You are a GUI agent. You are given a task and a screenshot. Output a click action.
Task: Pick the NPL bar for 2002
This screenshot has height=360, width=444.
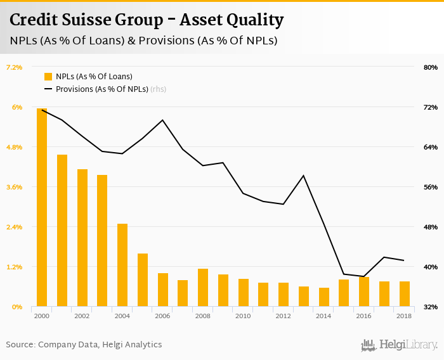point(82,238)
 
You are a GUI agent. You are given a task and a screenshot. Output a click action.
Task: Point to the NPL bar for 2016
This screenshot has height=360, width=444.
point(364,292)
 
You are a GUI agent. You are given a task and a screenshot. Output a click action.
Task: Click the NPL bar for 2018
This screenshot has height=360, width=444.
point(405,294)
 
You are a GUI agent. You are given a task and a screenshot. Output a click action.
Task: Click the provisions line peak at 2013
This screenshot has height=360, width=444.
point(304,176)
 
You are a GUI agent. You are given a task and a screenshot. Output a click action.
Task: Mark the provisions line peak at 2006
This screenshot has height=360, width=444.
point(163,120)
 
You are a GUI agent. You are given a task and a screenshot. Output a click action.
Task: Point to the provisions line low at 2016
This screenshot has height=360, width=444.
point(364,276)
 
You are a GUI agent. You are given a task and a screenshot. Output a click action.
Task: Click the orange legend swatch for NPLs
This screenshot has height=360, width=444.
point(48,76)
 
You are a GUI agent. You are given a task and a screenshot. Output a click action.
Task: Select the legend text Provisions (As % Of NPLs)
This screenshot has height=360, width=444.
point(101,89)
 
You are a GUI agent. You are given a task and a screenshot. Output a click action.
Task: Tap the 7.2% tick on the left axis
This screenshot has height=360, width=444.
point(15,67)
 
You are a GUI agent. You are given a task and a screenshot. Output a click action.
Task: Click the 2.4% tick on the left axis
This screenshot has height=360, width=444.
point(15,227)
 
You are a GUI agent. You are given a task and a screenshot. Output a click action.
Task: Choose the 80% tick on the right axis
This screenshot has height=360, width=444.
point(431,67)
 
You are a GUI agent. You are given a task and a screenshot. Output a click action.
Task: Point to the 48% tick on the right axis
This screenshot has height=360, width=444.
point(431,227)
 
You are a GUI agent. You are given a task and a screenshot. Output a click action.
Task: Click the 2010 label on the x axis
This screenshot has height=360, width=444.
point(243,316)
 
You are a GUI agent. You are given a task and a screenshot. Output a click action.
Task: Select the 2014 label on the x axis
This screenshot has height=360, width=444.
point(323,316)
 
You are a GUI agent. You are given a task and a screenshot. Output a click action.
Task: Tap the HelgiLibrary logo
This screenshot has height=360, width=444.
point(399,345)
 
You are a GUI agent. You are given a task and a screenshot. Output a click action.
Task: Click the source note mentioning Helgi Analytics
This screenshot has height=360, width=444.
point(84,345)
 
